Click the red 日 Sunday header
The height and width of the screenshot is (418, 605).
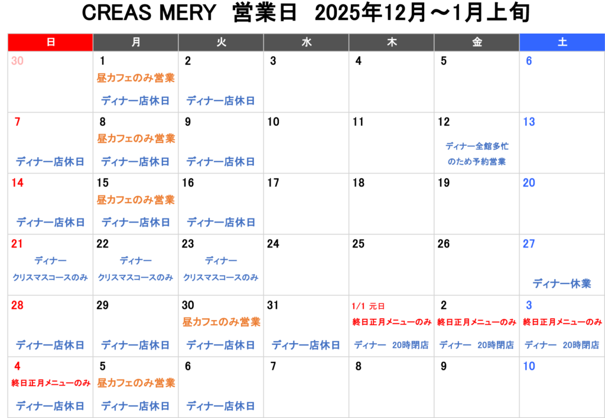pos(50,43)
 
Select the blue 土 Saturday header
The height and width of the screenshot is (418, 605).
pos(562,43)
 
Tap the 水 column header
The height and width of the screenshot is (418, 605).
pos(306,43)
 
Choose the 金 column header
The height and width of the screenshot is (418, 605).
pos(477,43)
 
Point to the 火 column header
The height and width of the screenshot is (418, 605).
pos(221,43)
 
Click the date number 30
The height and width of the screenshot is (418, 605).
pos(17,61)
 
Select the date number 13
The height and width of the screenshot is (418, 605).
pos(529,122)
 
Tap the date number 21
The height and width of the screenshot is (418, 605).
pos(17,244)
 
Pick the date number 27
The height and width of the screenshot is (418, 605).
pos(529,244)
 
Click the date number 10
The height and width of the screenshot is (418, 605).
pos(529,366)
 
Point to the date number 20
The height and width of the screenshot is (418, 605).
pos(529,183)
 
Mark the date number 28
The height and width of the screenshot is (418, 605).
pos(17,305)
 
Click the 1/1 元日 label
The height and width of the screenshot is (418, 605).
pos(368,306)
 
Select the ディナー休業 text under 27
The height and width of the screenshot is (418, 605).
pos(562,283)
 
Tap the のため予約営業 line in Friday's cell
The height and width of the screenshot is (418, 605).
pos(477,161)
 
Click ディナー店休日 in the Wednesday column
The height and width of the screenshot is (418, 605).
pos(306,345)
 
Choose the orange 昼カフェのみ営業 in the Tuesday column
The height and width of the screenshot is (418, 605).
pos(221,322)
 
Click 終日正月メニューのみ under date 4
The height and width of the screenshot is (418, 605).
pos(50,383)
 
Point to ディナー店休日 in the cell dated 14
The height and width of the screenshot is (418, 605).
pos(50,223)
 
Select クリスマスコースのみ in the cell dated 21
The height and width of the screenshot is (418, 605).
pos(50,277)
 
